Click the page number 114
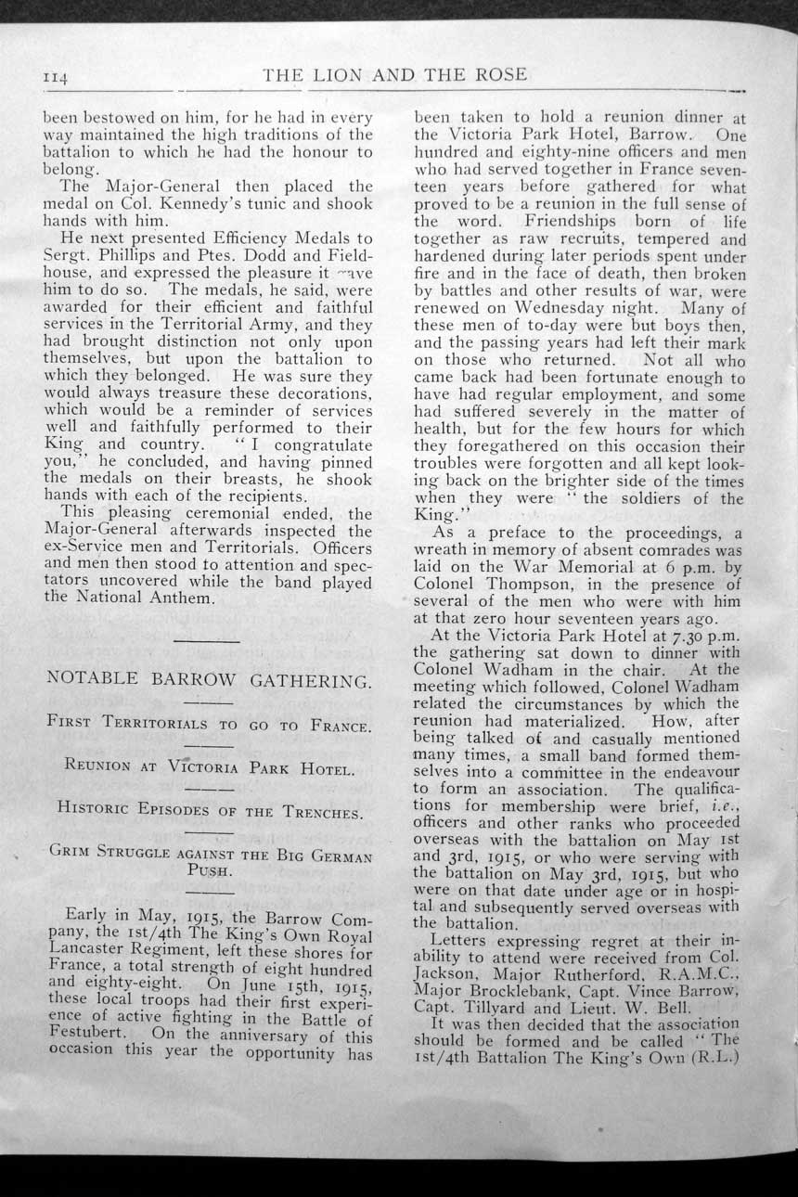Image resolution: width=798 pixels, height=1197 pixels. coord(55,79)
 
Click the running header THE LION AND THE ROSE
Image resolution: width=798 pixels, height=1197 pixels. coord(395,75)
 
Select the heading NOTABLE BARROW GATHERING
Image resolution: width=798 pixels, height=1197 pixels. coord(209,680)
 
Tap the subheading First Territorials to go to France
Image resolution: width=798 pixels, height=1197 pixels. coord(208,724)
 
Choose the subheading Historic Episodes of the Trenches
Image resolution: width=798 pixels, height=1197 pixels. coord(208,810)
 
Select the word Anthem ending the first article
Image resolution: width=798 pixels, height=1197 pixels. coord(186,598)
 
